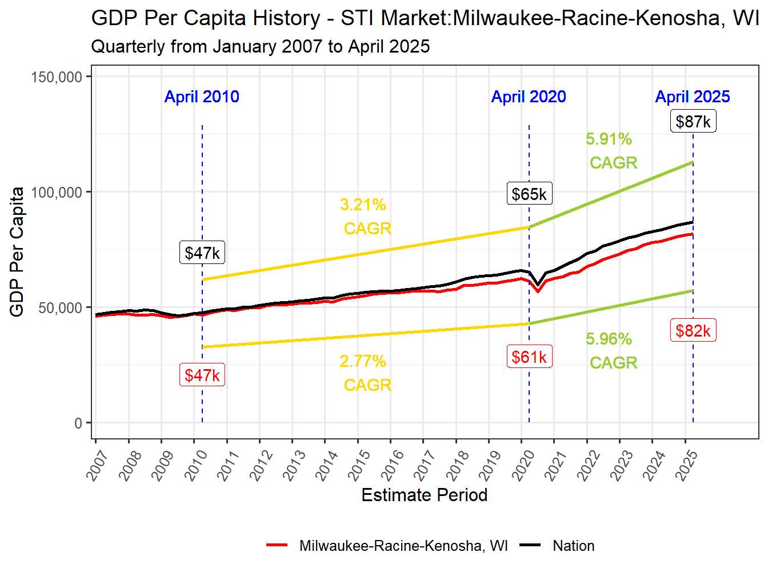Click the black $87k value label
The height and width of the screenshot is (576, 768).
pyautogui.click(x=693, y=122)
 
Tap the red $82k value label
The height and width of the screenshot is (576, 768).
pyautogui.click(x=693, y=331)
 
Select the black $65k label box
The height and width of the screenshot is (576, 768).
pyautogui.click(x=529, y=194)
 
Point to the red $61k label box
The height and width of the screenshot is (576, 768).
pyautogui.click(x=529, y=357)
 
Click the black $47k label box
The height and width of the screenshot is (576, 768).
pyautogui.click(x=202, y=253)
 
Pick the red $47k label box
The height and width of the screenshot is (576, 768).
pyautogui.click(x=202, y=375)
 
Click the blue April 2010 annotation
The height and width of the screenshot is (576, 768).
pyautogui.click(x=202, y=97)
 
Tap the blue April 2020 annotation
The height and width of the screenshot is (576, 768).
pyautogui.click(x=529, y=97)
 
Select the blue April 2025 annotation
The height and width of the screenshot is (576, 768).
pyautogui.click(x=693, y=97)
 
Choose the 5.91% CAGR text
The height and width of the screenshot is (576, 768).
pyautogui.click(x=611, y=151)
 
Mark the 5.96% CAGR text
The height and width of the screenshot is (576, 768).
pyautogui.click(x=611, y=351)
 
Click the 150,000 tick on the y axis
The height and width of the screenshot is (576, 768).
pyautogui.click(x=57, y=77)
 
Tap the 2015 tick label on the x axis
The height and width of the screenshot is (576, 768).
pyautogui.click(x=359, y=465)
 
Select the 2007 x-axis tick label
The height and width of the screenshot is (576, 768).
pyautogui.click(x=97, y=465)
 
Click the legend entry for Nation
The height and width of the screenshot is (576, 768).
pyautogui.click(x=573, y=546)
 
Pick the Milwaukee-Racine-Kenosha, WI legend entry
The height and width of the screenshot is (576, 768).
pyautogui.click(x=403, y=546)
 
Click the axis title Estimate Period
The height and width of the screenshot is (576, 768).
pyautogui.click(x=425, y=495)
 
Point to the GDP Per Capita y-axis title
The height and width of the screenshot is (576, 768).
pyautogui.click(x=17, y=251)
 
